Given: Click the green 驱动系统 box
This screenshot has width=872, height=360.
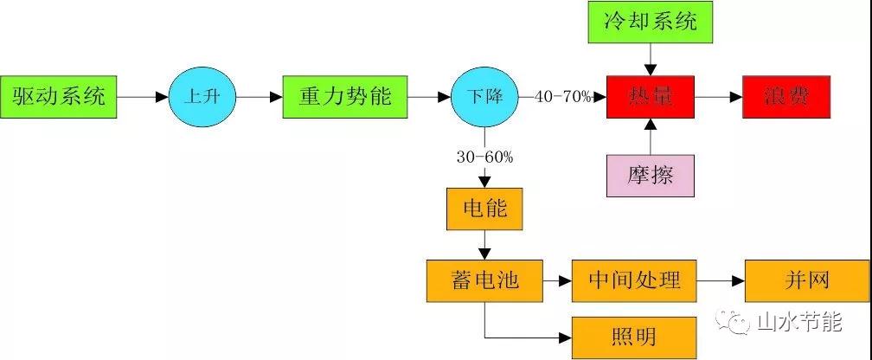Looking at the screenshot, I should point(59,97).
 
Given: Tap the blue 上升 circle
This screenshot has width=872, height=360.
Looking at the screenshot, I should point(202,97).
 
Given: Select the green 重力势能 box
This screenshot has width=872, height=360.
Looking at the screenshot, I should point(344,97).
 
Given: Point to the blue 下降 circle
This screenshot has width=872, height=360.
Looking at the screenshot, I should point(484,97).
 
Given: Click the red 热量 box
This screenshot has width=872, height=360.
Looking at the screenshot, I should point(651,97).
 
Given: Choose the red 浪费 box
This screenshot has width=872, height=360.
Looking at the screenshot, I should point(786,97).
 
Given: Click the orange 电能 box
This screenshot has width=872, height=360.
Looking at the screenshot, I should point(484,209).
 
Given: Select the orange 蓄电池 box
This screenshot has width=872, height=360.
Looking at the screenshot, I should point(484,280).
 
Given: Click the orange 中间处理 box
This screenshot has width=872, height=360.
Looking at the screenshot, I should point(634,280).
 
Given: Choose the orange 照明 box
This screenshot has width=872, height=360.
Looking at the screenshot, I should point(634,334).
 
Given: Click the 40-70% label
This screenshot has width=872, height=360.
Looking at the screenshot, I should point(563,96).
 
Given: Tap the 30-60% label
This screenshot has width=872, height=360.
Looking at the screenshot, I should point(484,157).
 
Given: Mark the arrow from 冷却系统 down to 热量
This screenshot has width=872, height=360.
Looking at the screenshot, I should point(651,60).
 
